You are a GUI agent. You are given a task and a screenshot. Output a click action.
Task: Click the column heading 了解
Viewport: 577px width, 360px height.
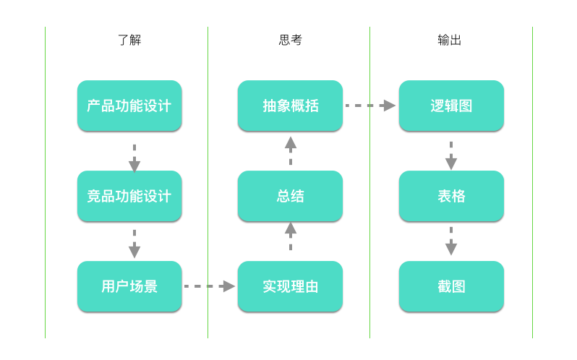click(x=129, y=40)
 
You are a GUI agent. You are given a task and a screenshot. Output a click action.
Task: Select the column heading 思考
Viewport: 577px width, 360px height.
click(x=290, y=40)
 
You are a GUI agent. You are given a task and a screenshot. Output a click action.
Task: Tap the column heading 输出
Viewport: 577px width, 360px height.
click(x=449, y=40)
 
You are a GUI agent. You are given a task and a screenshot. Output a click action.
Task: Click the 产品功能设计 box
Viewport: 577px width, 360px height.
click(x=129, y=106)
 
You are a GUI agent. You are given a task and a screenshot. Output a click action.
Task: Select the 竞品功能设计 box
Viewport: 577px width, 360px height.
click(x=129, y=196)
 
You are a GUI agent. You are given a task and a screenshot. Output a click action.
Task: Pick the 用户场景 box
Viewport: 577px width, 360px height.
click(x=129, y=286)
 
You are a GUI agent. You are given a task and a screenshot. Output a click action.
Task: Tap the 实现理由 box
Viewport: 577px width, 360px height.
click(x=290, y=286)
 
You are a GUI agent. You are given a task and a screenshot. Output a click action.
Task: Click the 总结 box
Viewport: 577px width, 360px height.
click(x=290, y=196)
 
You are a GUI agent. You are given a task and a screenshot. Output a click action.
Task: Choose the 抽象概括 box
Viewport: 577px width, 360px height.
click(x=290, y=106)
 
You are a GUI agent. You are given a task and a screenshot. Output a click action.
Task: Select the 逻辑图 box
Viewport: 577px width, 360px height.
click(x=451, y=106)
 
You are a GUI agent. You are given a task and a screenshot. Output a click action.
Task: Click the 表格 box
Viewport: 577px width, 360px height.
click(x=451, y=196)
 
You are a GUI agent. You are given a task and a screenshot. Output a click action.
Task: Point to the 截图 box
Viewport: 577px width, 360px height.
click(x=451, y=286)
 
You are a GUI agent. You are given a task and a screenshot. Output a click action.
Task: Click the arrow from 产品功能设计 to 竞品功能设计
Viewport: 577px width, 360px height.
click(x=134, y=158)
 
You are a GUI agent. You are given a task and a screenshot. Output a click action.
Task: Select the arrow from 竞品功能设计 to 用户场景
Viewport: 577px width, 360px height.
click(x=134, y=244)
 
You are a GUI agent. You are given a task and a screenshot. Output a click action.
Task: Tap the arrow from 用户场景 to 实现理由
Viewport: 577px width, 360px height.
click(x=210, y=286)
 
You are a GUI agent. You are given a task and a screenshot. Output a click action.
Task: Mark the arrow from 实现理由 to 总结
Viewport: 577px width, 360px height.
click(x=291, y=236)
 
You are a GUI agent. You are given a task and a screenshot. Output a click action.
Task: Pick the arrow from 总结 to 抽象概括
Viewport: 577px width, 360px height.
click(x=291, y=150)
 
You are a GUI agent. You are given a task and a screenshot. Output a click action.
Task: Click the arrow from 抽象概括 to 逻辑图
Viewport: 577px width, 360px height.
click(x=370, y=106)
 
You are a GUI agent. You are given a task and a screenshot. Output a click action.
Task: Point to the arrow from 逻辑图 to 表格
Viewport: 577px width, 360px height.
click(x=451, y=155)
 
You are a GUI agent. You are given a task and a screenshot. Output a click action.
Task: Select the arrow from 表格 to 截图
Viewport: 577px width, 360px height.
click(x=451, y=241)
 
